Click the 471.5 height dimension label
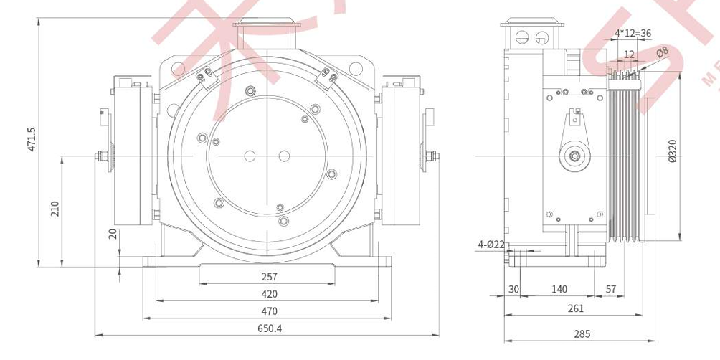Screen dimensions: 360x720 pyautogui.click(x=32, y=139)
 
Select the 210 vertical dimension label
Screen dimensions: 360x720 pyautogui.click(x=55, y=208)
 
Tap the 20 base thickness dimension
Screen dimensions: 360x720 pyautogui.click(x=113, y=234)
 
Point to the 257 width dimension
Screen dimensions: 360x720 pyautogui.click(x=269, y=277)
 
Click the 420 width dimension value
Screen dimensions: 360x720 pyautogui.click(x=269, y=294)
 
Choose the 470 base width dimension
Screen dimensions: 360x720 pyautogui.click(x=269, y=311)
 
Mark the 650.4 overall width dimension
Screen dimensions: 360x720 pyautogui.click(x=269, y=328)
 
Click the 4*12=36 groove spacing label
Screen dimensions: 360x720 pyautogui.click(x=633, y=33)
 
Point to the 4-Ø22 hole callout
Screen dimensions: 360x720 pyautogui.click(x=491, y=245)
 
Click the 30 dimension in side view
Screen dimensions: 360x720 pyautogui.click(x=513, y=289)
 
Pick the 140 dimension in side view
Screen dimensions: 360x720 pyautogui.click(x=559, y=289)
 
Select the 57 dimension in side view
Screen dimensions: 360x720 pyautogui.click(x=611, y=289)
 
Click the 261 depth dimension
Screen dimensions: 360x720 pyautogui.click(x=575, y=308)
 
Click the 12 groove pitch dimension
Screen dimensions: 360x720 pyautogui.click(x=629, y=55)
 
